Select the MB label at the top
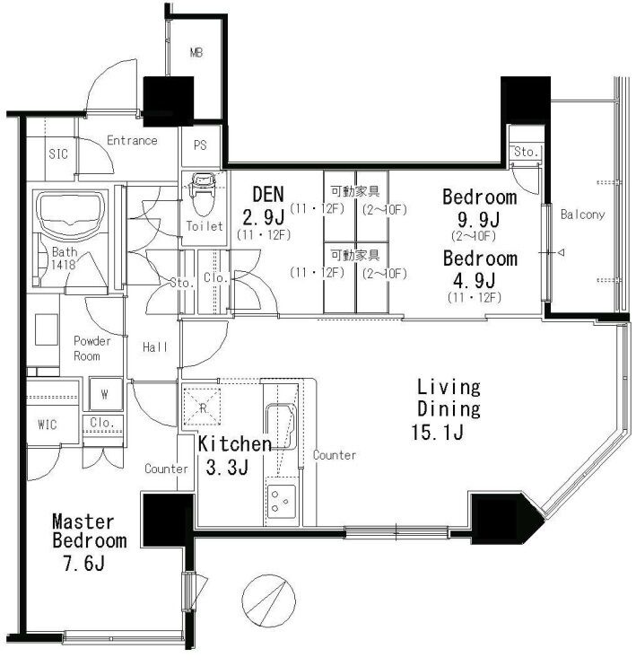pyautogui.click(x=196, y=53)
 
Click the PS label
pyautogui.click(x=200, y=145)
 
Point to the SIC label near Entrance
pyautogui.click(x=58, y=153)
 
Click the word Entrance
pyautogui.click(x=132, y=140)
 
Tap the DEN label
pyautogui.click(x=268, y=195)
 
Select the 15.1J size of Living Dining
pyautogui.click(x=437, y=432)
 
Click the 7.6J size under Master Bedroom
pyautogui.click(x=83, y=563)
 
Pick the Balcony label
pyautogui.click(x=582, y=215)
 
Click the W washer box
pyautogui.click(x=105, y=394)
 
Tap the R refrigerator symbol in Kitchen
pyautogui.click(x=202, y=407)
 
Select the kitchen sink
pyautogui.click(x=281, y=426)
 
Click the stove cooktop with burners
pyautogui.click(x=281, y=502)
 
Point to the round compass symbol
pyautogui.click(x=268, y=600)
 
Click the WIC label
pyautogui.click(x=48, y=425)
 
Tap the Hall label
pyautogui.click(x=155, y=347)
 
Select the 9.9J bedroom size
pyautogui.click(x=478, y=220)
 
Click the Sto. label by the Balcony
pyautogui.click(x=526, y=151)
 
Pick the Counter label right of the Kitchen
pyautogui.click(x=335, y=455)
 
